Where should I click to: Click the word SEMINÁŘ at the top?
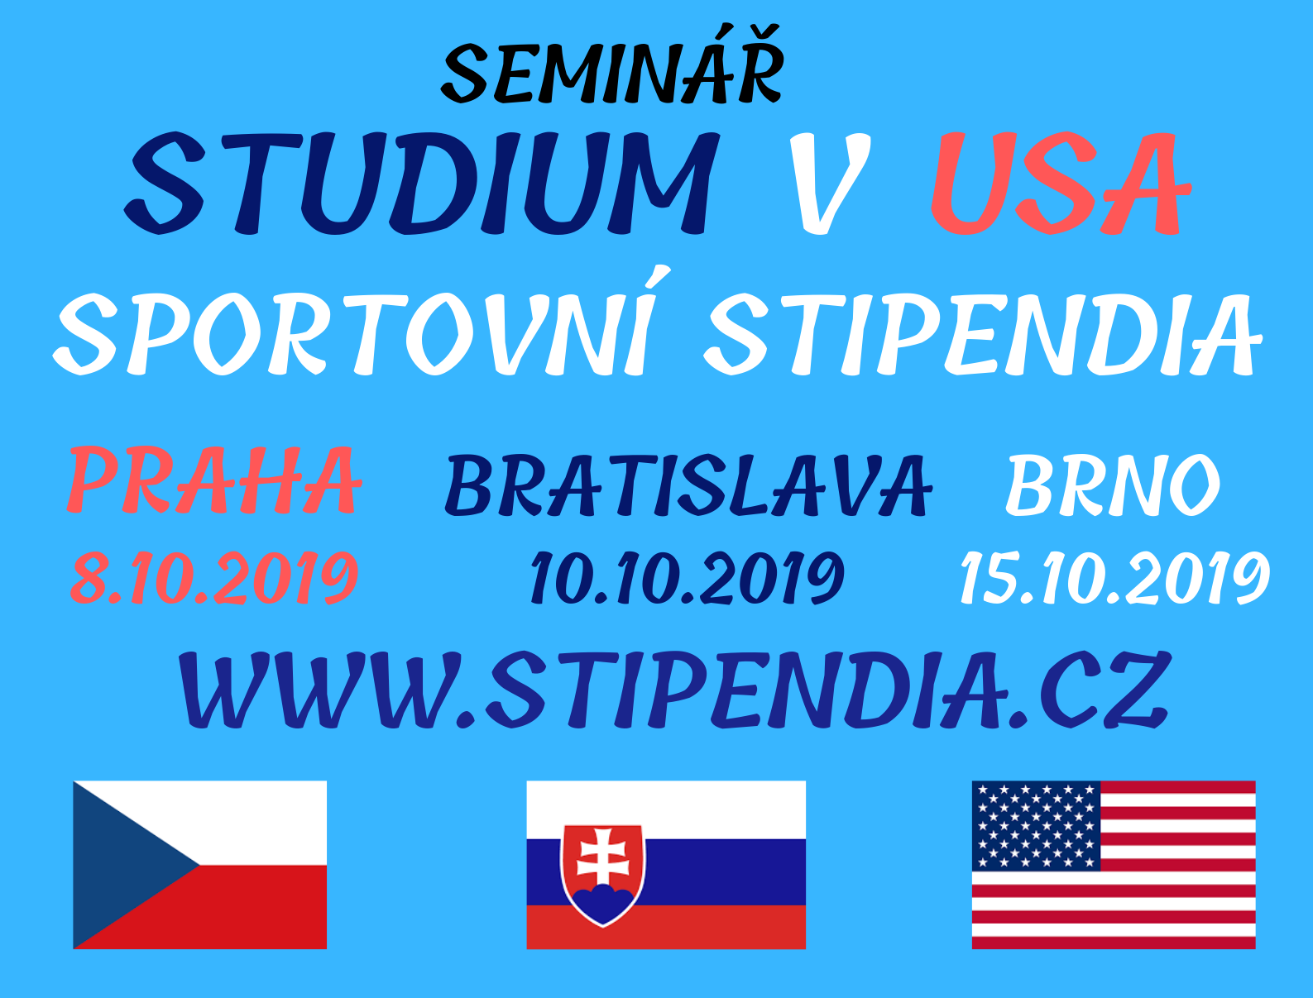pyautogui.click(x=612, y=64)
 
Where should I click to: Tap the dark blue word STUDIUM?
pyautogui.click(x=421, y=182)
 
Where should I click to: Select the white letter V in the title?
pyautogui.click(x=830, y=182)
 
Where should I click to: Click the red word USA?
pyautogui.click(x=1061, y=182)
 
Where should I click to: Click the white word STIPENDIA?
pyautogui.click(x=982, y=333)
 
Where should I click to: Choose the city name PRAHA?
pyautogui.click(x=214, y=480)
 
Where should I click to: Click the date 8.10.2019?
pyautogui.click(x=214, y=577)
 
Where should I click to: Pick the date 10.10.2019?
pyautogui.click(x=688, y=577)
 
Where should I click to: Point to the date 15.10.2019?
pyautogui.click(x=1114, y=577)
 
